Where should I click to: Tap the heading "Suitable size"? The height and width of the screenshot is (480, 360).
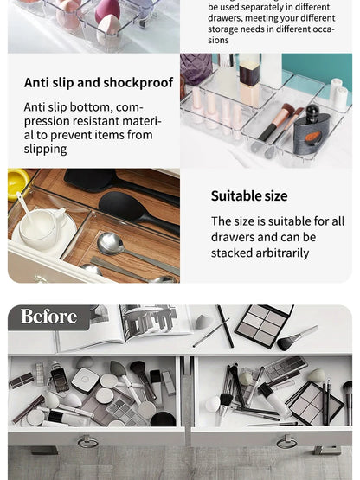(x=249, y=196)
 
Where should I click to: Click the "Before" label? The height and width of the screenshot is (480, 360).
(x=48, y=317)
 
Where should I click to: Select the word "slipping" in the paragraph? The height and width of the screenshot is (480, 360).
(x=46, y=150)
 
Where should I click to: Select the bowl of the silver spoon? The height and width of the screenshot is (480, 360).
(x=111, y=244)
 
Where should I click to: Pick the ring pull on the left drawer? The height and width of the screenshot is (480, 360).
(x=88, y=442)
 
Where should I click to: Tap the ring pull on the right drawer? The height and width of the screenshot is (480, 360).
(x=286, y=442)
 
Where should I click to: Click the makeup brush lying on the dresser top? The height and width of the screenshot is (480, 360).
(x=296, y=338)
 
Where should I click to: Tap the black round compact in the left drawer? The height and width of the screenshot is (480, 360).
(x=162, y=419)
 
